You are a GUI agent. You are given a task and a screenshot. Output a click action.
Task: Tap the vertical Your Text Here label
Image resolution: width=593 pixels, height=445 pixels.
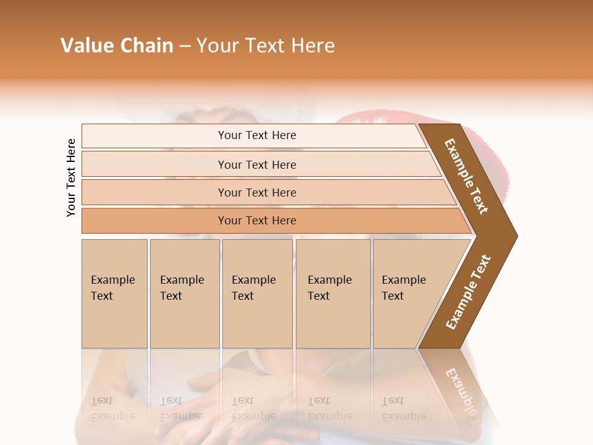[x=71, y=177]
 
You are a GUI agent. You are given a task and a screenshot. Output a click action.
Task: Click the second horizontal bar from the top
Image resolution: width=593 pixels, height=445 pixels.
[x=257, y=164]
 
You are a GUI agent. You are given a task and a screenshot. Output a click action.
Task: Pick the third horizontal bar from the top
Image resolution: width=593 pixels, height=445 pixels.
[x=257, y=192]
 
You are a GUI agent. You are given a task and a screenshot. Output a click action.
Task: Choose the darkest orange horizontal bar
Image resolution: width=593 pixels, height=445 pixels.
[x=257, y=221]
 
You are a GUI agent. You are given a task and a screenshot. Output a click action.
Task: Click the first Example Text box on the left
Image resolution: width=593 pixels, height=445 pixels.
[x=114, y=293]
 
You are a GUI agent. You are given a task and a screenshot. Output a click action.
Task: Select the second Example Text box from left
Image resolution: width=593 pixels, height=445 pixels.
[x=185, y=293]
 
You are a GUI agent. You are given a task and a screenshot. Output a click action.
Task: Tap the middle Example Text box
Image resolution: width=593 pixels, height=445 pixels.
[x=257, y=293]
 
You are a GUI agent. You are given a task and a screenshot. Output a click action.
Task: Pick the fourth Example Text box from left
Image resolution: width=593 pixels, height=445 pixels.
[x=333, y=293]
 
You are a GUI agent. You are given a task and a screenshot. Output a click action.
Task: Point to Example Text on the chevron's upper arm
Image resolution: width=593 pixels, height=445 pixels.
[x=466, y=176]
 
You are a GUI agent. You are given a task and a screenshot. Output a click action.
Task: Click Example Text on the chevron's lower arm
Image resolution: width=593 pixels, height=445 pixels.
[x=468, y=292]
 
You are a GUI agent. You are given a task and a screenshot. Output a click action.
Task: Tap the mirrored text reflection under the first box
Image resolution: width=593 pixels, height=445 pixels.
[x=113, y=409]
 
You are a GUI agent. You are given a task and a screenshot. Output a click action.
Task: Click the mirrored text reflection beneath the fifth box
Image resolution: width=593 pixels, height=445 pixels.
[x=404, y=409]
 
